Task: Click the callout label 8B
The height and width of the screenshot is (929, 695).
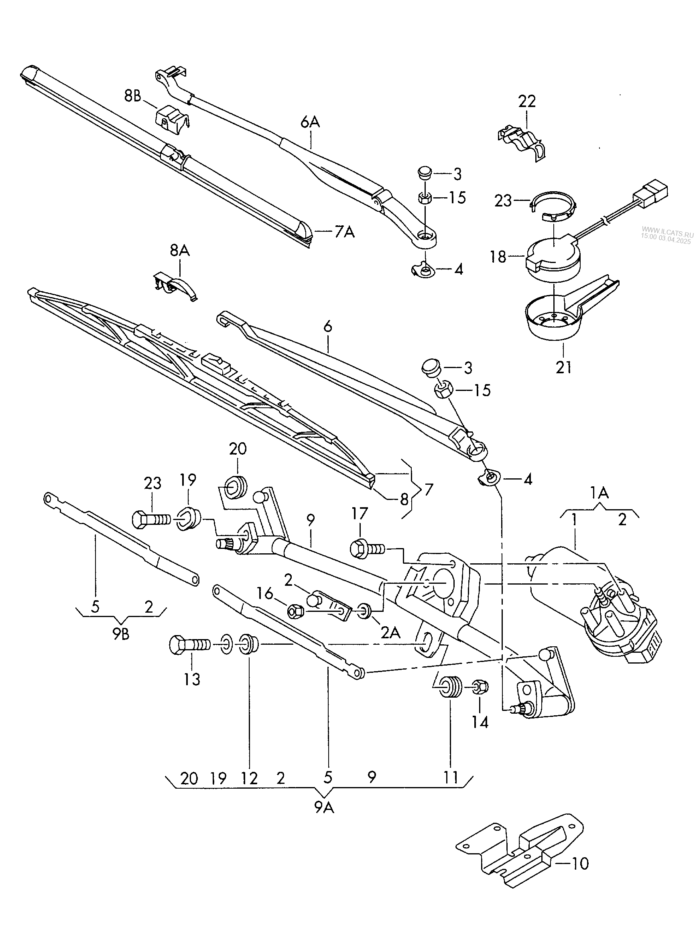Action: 132,96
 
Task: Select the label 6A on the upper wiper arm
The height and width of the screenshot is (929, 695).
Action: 310,122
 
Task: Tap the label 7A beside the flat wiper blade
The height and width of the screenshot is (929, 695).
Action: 344,231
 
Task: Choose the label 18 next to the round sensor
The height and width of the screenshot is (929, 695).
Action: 498,257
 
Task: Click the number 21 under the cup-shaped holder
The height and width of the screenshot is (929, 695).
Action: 563,368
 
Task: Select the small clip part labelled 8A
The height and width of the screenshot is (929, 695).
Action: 175,286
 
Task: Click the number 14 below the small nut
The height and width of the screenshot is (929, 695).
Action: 480,722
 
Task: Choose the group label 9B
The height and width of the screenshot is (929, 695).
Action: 121,634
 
